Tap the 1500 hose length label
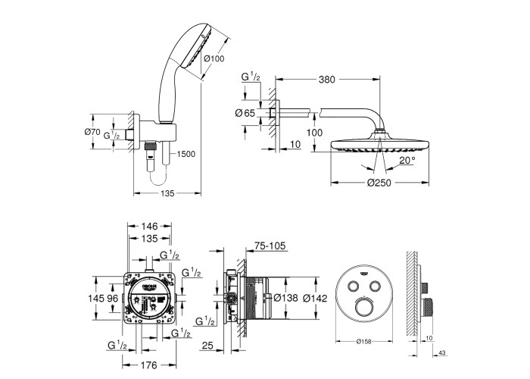pos(185,154)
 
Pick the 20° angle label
pos(409,161)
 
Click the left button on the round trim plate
pos(354,286)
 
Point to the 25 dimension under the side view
pos(207,346)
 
